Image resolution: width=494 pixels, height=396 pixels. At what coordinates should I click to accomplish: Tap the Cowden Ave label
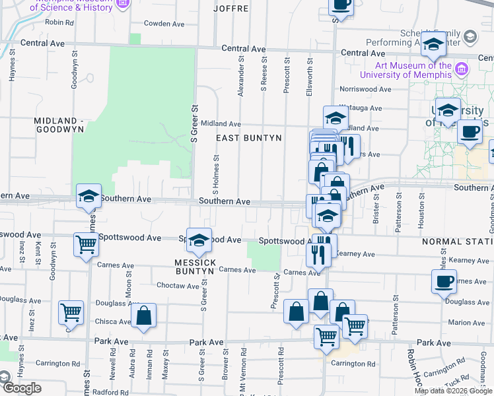point(164,23)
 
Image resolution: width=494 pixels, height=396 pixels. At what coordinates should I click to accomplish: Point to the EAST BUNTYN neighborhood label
point(250,138)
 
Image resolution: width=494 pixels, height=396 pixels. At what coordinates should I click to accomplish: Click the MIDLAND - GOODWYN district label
point(59,125)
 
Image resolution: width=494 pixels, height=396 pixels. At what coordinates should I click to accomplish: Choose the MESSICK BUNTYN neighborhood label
point(196,268)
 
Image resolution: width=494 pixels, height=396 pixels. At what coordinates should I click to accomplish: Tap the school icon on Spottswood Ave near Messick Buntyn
point(198,242)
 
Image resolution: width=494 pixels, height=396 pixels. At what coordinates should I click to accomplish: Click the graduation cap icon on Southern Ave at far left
point(88,197)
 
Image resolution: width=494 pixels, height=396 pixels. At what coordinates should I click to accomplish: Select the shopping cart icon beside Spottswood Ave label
point(86,245)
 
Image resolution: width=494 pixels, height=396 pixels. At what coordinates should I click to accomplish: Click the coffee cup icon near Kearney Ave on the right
point(444,282)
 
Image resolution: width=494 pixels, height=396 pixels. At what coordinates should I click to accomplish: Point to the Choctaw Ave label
point(178,286)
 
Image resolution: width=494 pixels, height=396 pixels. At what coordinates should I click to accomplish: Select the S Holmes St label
point(216,174)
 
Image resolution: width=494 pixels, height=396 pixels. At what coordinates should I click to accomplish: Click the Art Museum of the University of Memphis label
point(413,70)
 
